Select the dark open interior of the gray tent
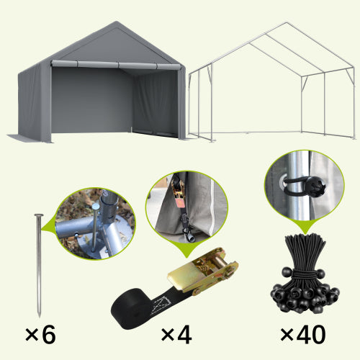click(x=90, y=101)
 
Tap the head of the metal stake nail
click(x=37, y=215)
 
